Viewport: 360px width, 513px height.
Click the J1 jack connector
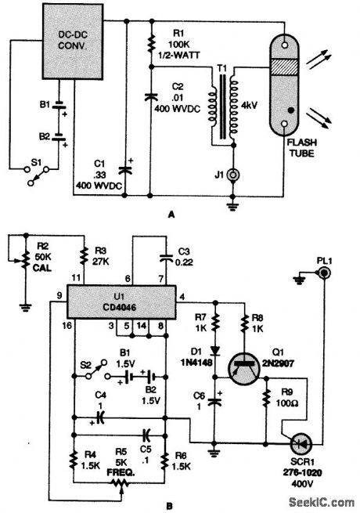click(232, 175)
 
